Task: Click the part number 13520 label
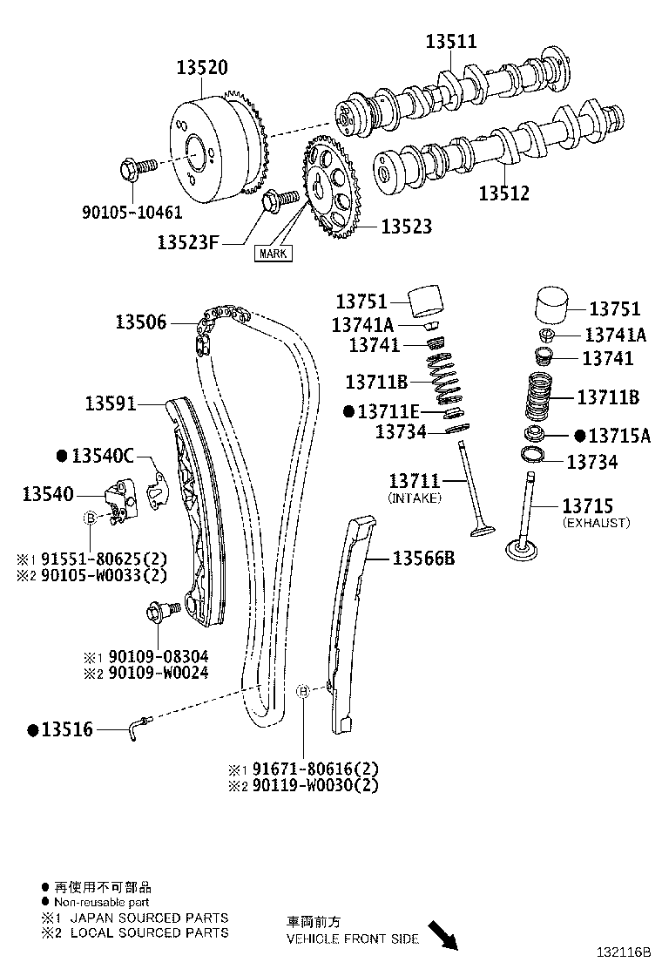pyautogui.click(x=202, y=67)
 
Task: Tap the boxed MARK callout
pyautogui.click(x=273, y=254)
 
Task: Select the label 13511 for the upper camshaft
pyautogui.click(x=450, y=41)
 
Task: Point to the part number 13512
pyautogui.click(x=503, y=193)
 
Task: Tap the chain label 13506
pyautogui.click(x=140, y=322)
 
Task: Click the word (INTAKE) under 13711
pyautogui.click(x=415, y=498)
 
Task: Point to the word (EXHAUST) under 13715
pyautogui.click(x=596, y=523)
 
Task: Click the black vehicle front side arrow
pyautogui.click(x=445, y=934)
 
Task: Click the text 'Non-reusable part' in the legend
pyautogui.click(x=102, y=903)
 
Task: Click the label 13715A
pyautogui.click(x=619, y=436)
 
